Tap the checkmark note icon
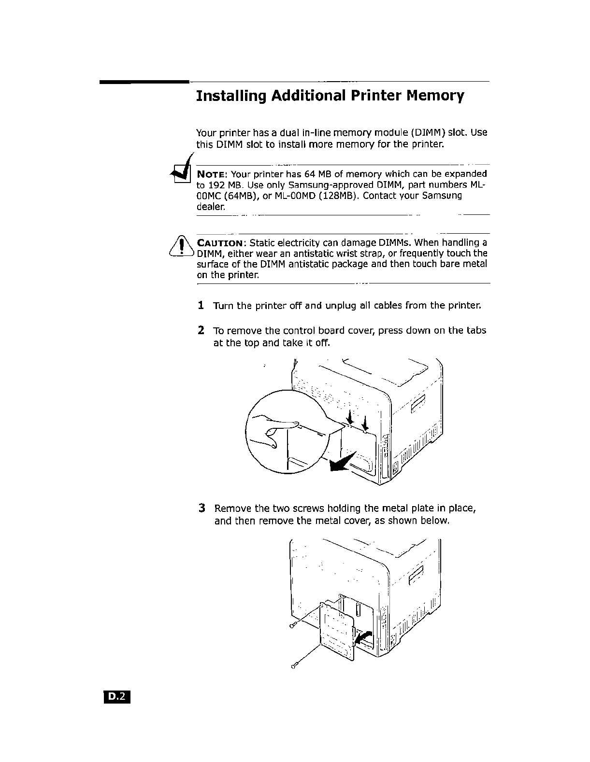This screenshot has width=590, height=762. click(x=180, y=171)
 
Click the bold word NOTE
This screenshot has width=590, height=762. click(x=213, y=174)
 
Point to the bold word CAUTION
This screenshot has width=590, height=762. click(x=222, y=243)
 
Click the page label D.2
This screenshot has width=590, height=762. click(x=116, y=696)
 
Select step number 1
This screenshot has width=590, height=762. click(x=201, y=306)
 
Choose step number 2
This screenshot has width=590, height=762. click(x=201, y=331)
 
